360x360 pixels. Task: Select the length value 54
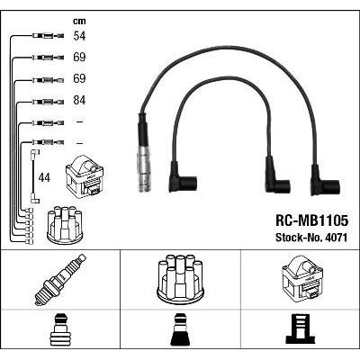click(79, 37)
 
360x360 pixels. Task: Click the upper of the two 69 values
click(79, 58)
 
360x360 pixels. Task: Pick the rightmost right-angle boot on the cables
click(321, 181)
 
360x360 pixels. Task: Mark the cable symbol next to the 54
click(44, 37)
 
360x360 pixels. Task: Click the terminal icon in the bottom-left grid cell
click(60, 329)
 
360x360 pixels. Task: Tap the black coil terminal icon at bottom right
click(300, 329)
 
